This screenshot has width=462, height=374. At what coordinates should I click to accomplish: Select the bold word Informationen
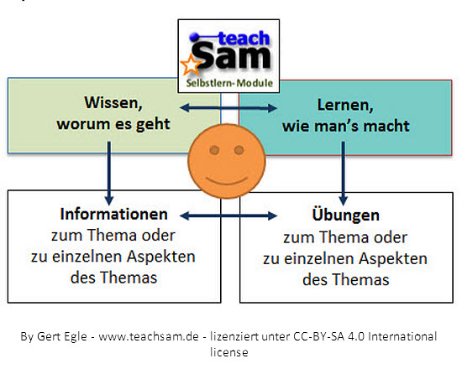[x=113, y=214]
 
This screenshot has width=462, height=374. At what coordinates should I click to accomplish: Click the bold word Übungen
[x=345, y=215]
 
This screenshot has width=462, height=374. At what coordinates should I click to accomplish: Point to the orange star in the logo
[x=191, y=65]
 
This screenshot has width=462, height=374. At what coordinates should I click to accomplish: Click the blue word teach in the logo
[x=244, y=39]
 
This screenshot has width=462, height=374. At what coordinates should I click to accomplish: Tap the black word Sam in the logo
[x=232, y=55]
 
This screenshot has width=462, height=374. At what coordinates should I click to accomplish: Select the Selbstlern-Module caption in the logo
[x=229, y=83]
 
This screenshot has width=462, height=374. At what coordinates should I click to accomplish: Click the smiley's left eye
[x=214, y=150]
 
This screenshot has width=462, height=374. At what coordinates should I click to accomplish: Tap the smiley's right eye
[x=239, y=150]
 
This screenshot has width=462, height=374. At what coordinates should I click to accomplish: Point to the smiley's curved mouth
[x=227, y=181]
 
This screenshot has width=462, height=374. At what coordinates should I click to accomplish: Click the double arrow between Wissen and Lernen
[x=228, y=108]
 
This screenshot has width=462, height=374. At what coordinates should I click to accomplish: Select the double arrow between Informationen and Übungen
[x=228, y=216]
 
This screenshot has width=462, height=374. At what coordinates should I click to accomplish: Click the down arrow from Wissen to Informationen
[x=109, y=174]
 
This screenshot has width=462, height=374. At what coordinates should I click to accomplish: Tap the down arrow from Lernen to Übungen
[x=343, y=174]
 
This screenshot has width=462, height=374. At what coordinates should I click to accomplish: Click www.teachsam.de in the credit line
[x=149, y=336]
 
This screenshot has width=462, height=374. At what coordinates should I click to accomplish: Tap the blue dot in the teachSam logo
[x=194, y=38]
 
